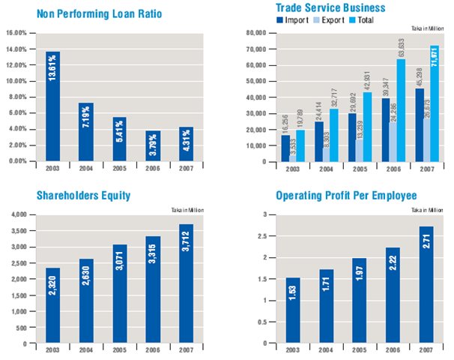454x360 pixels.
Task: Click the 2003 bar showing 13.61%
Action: (53, 106)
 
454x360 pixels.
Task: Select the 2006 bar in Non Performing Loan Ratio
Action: (153, 145)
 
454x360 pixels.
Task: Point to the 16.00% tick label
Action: (16, 33)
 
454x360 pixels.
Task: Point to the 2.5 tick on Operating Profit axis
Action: (264, 235)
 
